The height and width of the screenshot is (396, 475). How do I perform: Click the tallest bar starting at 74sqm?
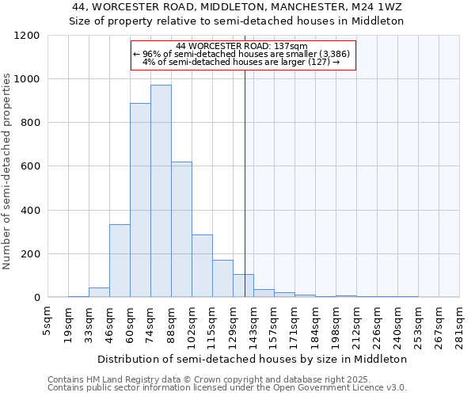(161, 191)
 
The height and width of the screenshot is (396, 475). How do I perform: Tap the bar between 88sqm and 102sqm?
(181, 230)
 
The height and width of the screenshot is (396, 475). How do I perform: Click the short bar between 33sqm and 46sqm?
(99, 292)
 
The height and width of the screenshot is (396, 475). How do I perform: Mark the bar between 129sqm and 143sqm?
(243, 286)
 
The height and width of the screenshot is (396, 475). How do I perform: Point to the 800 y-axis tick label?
(30, 123)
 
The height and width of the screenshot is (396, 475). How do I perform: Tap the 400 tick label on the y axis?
(30, 211)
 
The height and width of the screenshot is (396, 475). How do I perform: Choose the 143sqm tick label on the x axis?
(253, 325)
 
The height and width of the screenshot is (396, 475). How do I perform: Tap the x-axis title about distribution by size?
(253, 359)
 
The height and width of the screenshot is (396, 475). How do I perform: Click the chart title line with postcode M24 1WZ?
(237, 7)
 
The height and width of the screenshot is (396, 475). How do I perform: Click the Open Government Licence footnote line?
(227, 388)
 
